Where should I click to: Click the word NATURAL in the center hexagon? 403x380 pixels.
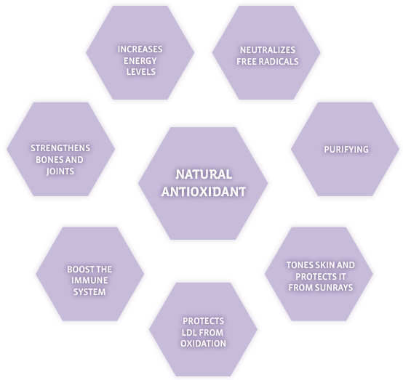204,174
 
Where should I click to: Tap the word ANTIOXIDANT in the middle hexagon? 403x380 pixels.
204,192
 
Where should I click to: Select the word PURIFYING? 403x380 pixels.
346,150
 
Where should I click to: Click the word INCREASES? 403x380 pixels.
140,49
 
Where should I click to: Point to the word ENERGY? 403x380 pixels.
140,61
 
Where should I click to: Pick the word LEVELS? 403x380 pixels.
141,72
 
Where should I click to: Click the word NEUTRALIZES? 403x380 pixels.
268,50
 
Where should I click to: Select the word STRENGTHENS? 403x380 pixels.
60,148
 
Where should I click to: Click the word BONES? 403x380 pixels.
49,160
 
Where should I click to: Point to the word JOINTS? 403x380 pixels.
60,171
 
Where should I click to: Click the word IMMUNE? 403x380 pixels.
89,280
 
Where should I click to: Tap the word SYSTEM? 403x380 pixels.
89,292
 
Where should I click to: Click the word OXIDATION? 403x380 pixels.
203,344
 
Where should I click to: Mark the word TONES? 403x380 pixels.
300,265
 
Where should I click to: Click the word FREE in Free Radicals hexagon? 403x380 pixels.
247,62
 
